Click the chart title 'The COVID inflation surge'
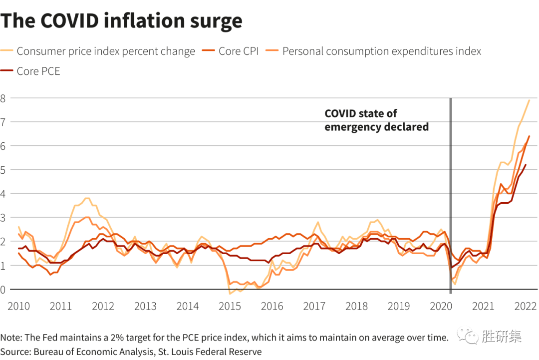[x=121, y=21]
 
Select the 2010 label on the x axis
[x=18, y=306]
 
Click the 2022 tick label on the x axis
[x=525, y=306]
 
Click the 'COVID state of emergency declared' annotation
[x=376, y=120]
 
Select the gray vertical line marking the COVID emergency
[x=451, y=200]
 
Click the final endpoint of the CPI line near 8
[x=529, y=100]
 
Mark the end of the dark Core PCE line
[x=525, y=165]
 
